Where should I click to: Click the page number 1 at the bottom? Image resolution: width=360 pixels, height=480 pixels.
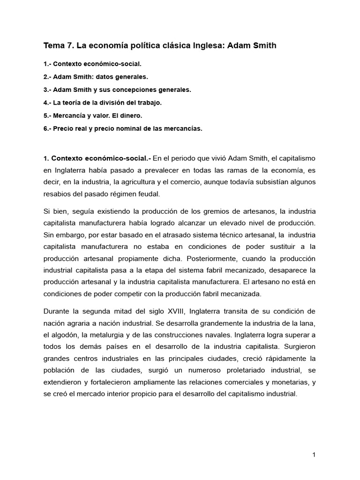point(313,455)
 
